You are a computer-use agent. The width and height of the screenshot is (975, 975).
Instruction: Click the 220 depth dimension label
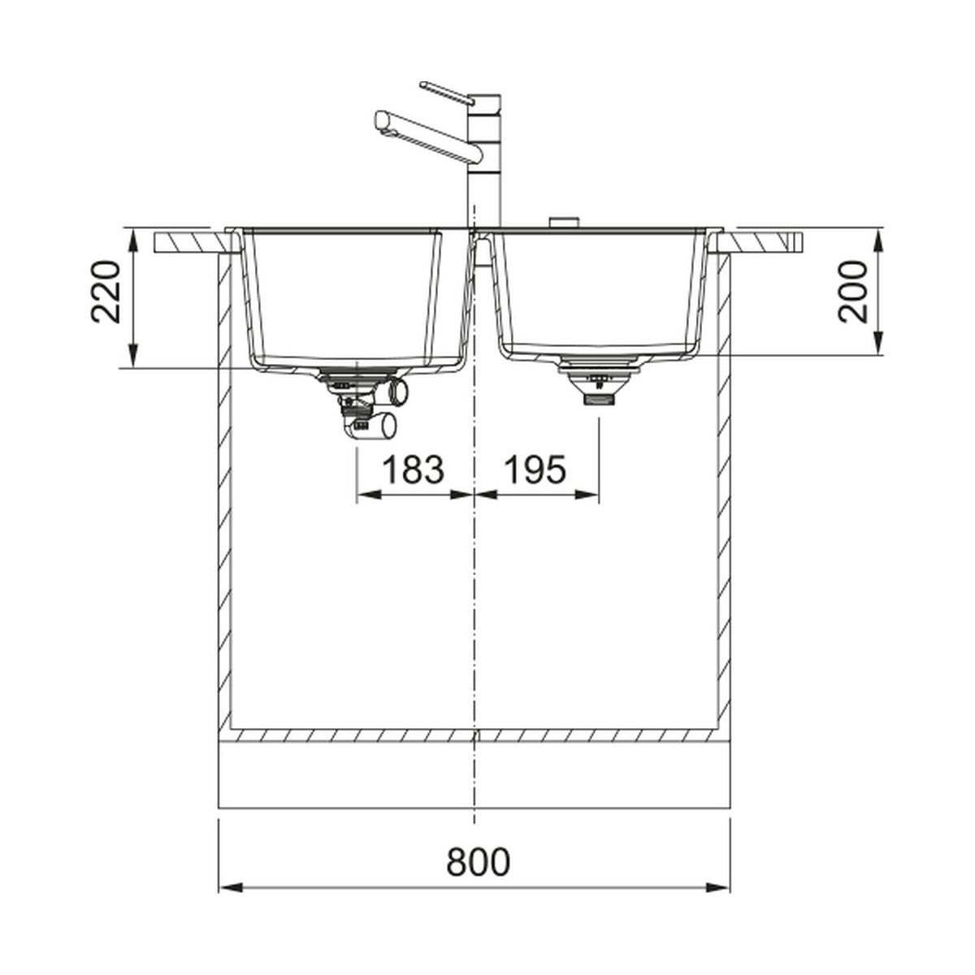pyautogui.click(x=106, y=292)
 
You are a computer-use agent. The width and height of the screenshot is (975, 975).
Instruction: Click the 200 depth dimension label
pyautogui.click(x=852, y=292)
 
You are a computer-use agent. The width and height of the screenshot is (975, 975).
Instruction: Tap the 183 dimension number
pyautogui.click(x=414, y=469)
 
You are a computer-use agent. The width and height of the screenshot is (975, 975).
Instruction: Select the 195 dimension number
pyautogui.click(x=535, y=469)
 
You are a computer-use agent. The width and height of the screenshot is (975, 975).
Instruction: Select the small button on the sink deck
pyautogui.click(x=563, y=223)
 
